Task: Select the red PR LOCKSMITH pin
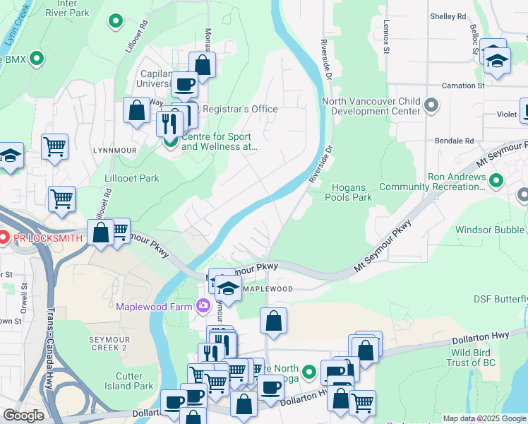[3, 237]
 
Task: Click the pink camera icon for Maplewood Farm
[203, 306]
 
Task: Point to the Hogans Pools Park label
[347, 192]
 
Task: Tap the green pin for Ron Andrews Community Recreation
[496, 181]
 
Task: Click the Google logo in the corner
[23, 416]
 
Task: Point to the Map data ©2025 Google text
[484, 418]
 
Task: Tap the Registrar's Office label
[240, 110]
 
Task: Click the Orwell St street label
[25, 295]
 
